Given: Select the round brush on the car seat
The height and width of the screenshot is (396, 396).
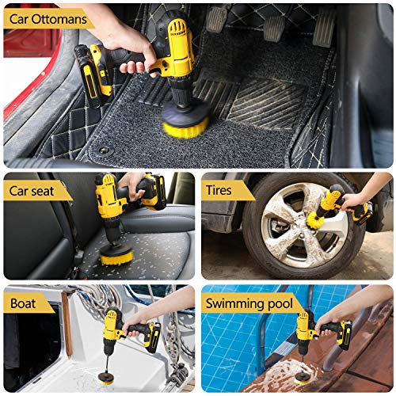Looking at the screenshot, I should pos(117,255).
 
